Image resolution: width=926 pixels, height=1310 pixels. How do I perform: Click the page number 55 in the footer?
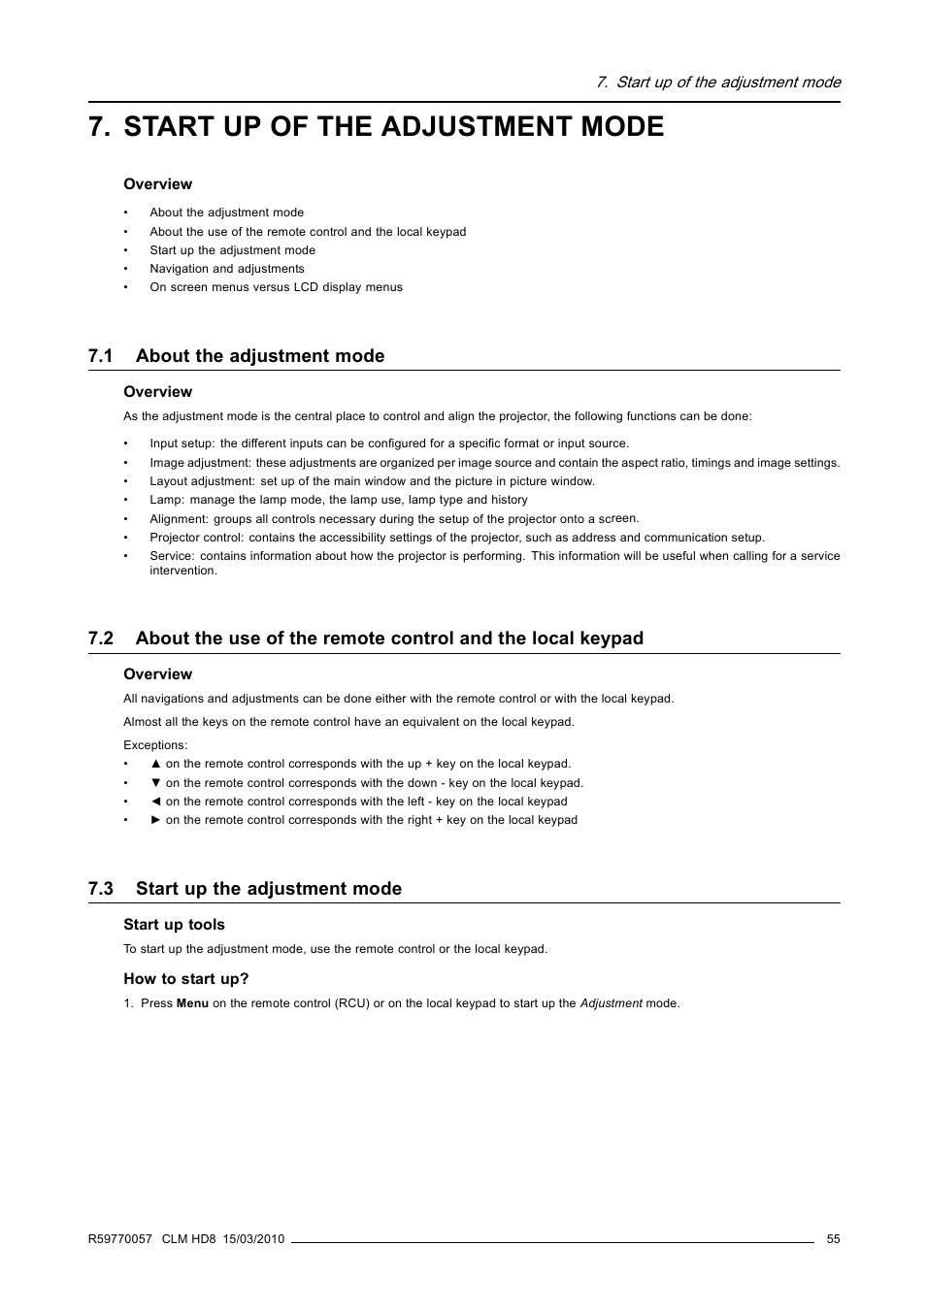click(x=833, y=1239)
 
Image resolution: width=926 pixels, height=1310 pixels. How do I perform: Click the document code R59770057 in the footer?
click(x=120, y=1239)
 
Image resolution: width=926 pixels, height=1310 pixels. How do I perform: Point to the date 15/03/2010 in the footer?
click(x=253, y=1239)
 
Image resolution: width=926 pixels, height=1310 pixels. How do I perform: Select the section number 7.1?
click(x=101, y=356)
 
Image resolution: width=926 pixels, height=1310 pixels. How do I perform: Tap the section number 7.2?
click(x=101, y=639)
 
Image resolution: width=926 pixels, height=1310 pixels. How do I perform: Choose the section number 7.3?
click(x=101, y=889)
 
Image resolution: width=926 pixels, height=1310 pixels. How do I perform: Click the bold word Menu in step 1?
click(x=192, y=1003)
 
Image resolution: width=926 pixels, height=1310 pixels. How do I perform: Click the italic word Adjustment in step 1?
click(x=611, y=1003)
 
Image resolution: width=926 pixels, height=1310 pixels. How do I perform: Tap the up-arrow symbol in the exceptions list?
click(x=155, y=764)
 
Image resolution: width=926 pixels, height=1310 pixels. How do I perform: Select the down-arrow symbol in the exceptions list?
click(x=155, y=783)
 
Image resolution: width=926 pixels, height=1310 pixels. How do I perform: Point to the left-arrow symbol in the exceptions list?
click(x=155, y=802)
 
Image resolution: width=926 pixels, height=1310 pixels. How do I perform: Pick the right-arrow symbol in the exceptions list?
click(x=155, y=820)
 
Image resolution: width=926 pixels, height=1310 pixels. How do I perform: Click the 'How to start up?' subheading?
click(x=185, y=979)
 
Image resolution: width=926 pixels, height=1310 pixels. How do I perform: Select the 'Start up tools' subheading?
click(x=174, y=925)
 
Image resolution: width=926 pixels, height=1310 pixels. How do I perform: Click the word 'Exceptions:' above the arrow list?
click(x=155, y=745)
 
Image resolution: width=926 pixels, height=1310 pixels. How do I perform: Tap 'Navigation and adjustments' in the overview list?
click(x=226, y=269)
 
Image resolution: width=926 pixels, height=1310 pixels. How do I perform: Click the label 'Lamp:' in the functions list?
click(x=166, y=500)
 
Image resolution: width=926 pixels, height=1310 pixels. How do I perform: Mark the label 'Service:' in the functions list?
click(x=172, y=556)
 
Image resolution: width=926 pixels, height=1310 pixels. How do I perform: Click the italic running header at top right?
click(x=718, y=82)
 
